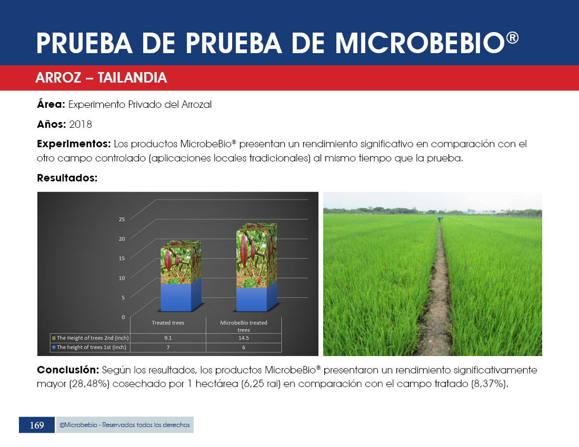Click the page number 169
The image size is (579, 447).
click(36, 425)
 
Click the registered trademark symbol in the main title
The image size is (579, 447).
click(512, 38)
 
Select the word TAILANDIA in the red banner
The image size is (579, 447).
click(132, 78)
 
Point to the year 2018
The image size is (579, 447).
click(81, 124)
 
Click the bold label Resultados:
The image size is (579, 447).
click(67, 178)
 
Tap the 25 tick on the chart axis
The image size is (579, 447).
click(122, 219)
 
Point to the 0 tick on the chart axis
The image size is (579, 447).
click(123, 317)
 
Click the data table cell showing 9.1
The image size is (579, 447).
click(168, 338)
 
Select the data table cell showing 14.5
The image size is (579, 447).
click(244, 338)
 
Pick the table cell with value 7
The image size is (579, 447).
click(168, 348)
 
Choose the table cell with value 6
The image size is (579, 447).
click(244, 348)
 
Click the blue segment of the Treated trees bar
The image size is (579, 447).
click(176, 297)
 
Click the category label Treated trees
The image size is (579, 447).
click(168, 323)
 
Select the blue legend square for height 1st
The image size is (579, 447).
click(54, 348)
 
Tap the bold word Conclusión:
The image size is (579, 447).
click(68, 370)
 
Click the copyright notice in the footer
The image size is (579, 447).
click(125, 425)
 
